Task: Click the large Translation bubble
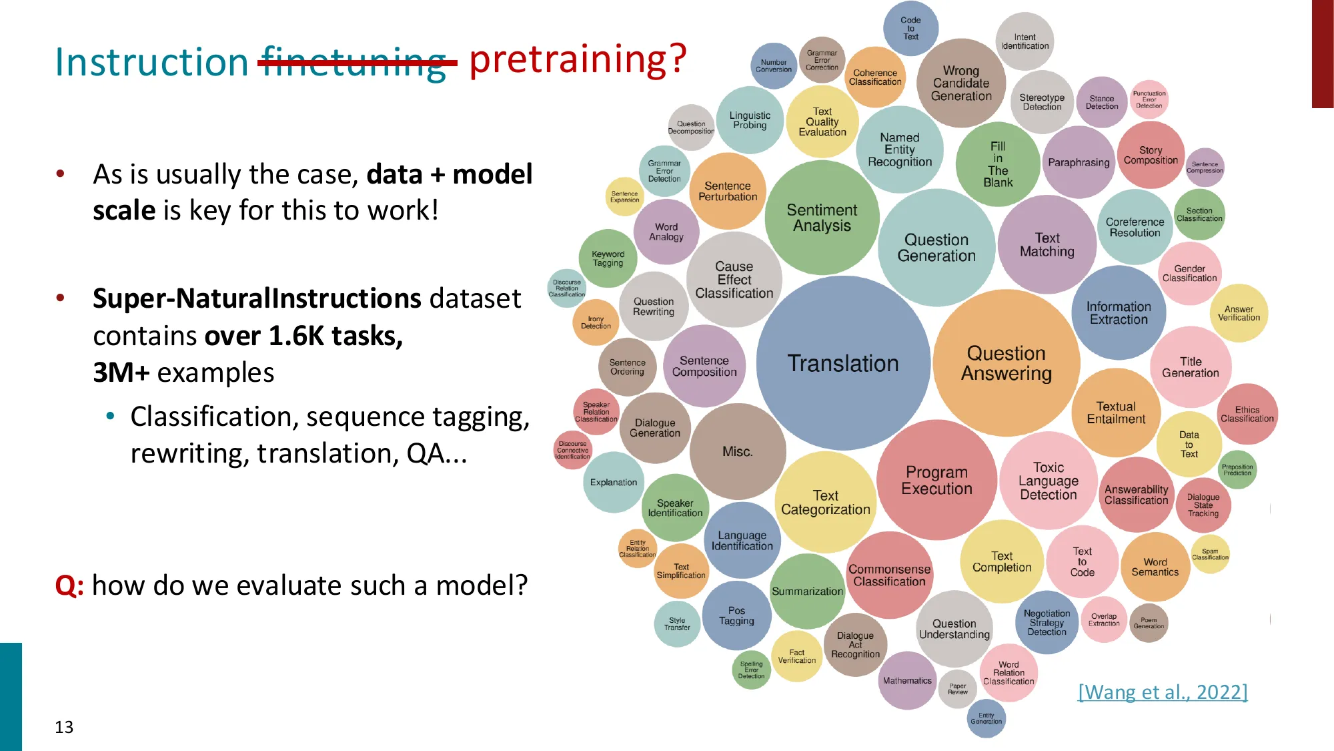[x=843, y=363]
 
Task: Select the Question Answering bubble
[x=1006, y=363]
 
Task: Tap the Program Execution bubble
[x=936, y=480]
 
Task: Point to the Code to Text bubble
[x=910, y=28]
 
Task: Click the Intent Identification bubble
[x=1025, y=41]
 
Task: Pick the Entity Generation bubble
[x=986, y=718]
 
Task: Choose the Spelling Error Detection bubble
[x=751, y=670]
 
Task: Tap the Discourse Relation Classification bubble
[x=566, y=288]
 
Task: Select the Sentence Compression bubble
[x=1205, y=167]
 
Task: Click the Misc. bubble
[x=737, y=451]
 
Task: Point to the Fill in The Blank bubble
[x=997, y=164]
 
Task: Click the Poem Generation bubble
[x=1149, y=623]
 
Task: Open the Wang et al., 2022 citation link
[x=1162, y=692]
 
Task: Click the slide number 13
[x=64, y=727]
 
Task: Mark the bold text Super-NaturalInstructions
[x=257, y=298]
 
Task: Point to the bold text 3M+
[x=121, y=372]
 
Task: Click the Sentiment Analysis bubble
[x=822, y=218]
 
